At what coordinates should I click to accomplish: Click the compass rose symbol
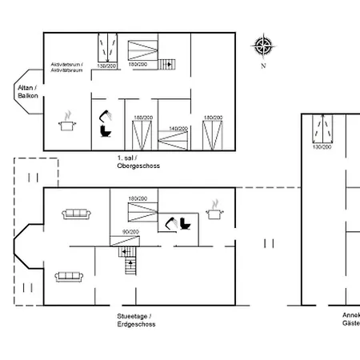click(x=262, y=46)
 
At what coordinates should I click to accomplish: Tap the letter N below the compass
click(x=262, y=66)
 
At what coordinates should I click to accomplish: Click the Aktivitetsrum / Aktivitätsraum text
click(x=67, y=66)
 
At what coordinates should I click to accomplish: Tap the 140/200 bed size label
click(x=178, y=128)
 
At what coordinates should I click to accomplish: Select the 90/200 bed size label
click(x=130, y=231)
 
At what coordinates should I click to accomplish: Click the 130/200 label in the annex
click(x=322, y=146)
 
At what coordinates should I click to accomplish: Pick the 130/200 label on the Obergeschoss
click(x=106, y=65)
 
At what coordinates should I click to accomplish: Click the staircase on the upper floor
click(x=166, y=65)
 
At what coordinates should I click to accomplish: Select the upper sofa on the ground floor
click(x=76, y=214)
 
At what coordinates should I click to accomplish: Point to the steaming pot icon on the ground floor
click(x=214, y=210)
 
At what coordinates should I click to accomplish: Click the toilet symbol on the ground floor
click(x=186, y=224)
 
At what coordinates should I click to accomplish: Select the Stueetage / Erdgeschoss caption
click(x=136, y=321)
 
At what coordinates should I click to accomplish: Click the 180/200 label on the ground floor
click(x=138, y=198)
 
